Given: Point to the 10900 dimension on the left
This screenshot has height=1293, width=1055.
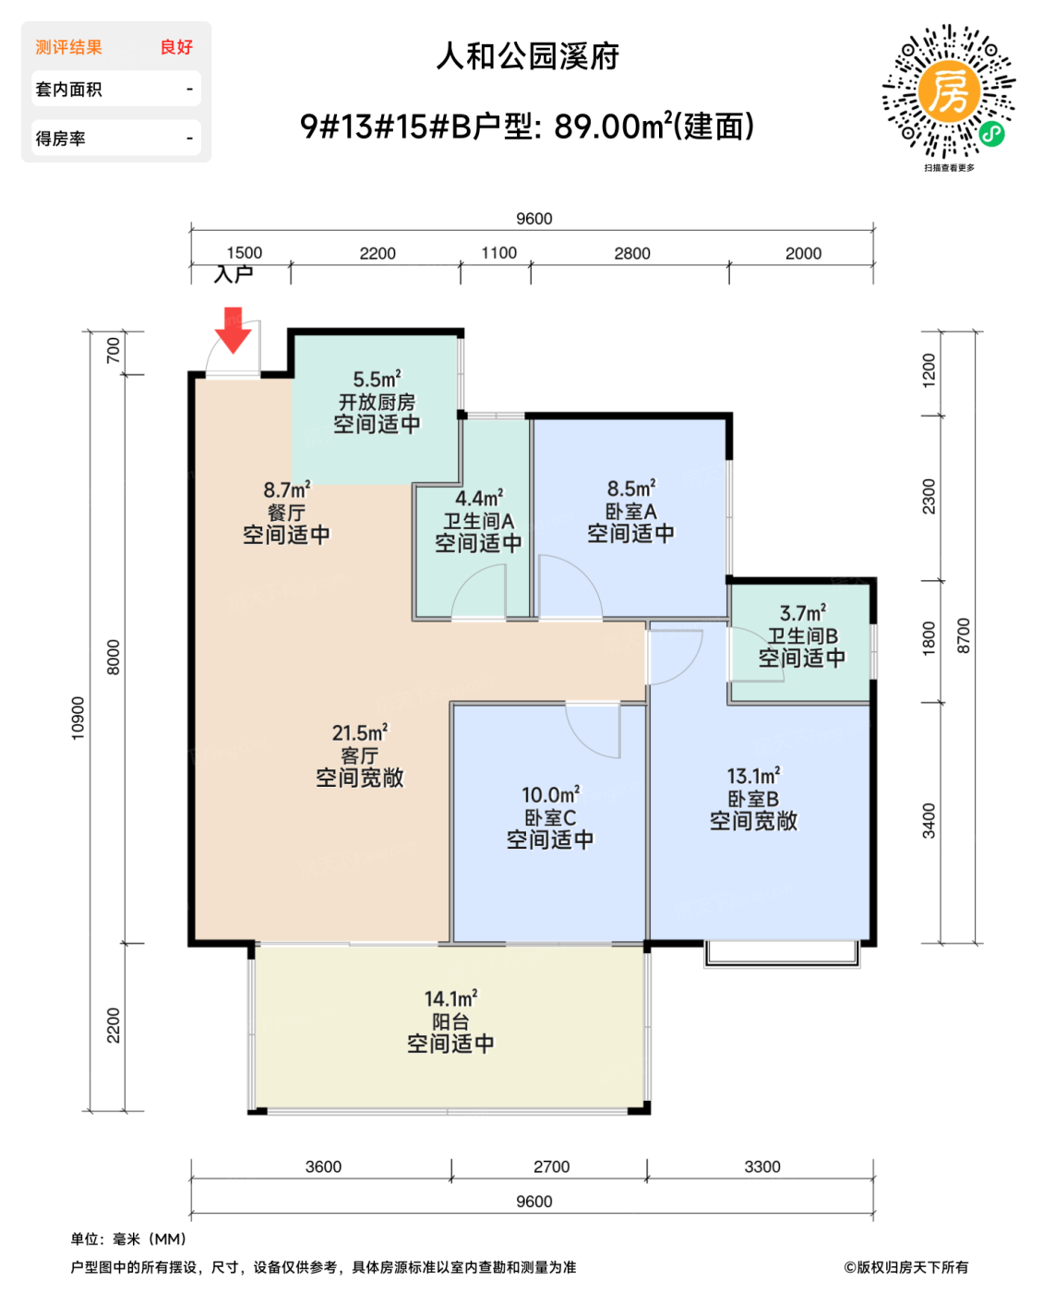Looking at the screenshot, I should pos(78,718).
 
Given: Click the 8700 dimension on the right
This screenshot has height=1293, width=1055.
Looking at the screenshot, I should pos(964,635).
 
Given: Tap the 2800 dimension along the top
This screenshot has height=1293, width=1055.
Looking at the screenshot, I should pos(632,253).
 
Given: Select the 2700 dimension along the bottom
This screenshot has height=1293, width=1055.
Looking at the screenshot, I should pos(552,1166).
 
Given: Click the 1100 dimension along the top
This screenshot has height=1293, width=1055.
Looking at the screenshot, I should pos(499,253).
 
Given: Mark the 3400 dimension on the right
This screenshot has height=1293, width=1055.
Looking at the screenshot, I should pos(929,820).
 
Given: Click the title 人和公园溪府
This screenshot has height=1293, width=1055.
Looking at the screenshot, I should pos(527,56).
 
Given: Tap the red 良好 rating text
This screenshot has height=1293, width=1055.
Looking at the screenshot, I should pos(176,47).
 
